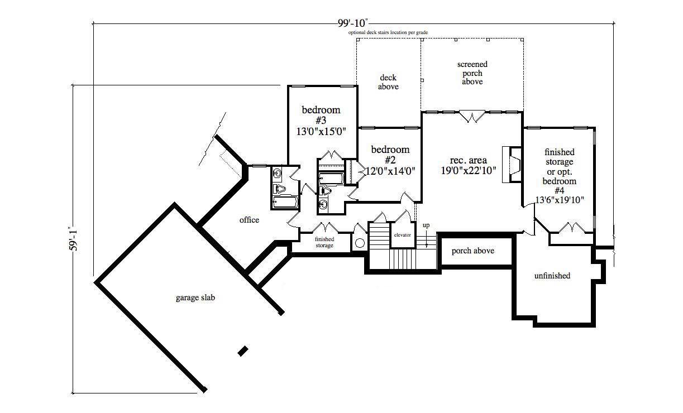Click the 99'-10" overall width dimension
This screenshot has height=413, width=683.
(x=353, y=23)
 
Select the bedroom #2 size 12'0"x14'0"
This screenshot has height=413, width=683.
(x=390, y=171)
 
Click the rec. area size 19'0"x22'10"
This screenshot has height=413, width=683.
(x=469, y=171)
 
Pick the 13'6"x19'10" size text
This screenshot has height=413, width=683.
(x=559, y=200)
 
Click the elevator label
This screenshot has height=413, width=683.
(x=402, y=235)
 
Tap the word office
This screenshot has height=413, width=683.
(x=249, y=220)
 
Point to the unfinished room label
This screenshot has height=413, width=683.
(x=552, y=275)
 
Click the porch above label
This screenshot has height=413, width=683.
(x=472, y=251)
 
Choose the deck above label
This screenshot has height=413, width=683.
(x=388, y=82)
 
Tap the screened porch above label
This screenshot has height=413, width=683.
(x=472, y=73)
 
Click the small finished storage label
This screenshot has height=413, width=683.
(x=324, y=242)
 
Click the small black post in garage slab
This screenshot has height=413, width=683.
(x=242, y=350)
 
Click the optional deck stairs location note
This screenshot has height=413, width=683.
(x=388, y=32)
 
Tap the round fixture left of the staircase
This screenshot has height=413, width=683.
(x=360, y=243)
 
